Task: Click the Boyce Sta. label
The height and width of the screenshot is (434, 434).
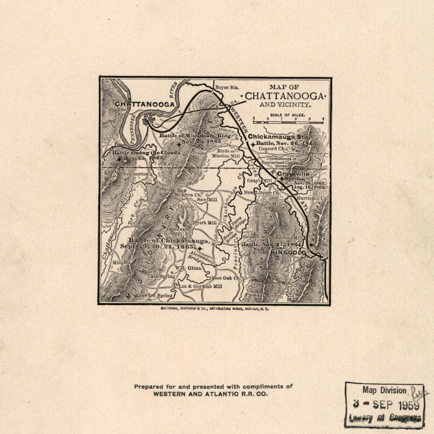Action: tap(226, 87)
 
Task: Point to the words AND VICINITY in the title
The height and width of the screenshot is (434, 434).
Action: tap(283, 104)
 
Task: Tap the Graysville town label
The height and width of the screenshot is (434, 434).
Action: tap(294, 174)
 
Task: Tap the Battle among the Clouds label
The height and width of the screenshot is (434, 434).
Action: tap(139, 150)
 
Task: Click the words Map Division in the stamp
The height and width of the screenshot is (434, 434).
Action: tap(384, 390)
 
